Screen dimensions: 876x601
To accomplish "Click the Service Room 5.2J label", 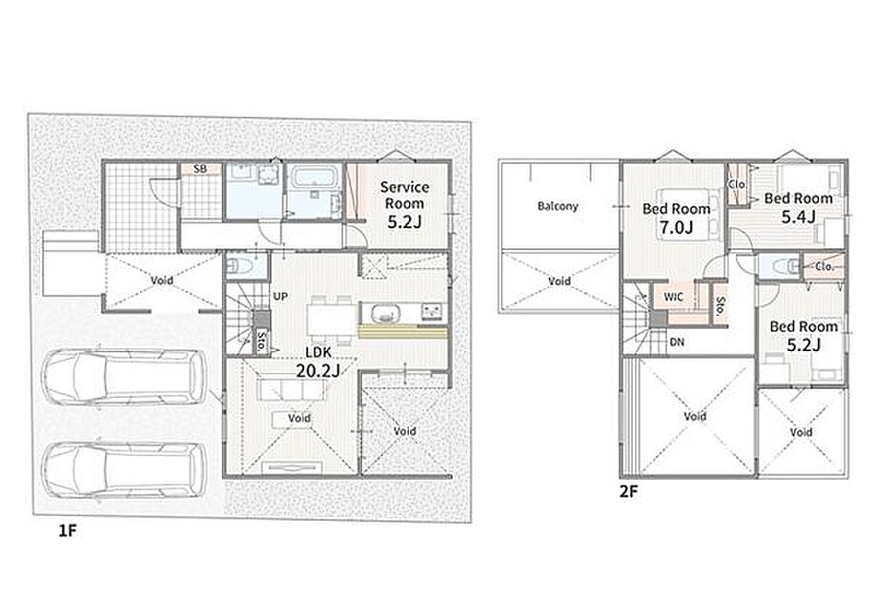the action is click(404, 204).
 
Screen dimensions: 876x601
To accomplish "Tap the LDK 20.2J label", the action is click(317, 362).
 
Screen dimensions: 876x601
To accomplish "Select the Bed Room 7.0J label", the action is click(676, 218).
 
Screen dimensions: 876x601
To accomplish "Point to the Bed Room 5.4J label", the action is click(799, 207).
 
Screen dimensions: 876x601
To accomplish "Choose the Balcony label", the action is click(558, 206).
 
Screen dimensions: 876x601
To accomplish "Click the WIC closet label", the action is click(673, 297).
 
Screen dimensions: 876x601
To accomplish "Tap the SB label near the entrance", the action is click(199, 169).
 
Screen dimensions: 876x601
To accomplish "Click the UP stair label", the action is click(280, 297).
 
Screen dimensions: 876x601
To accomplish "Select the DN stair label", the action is click(677, 342).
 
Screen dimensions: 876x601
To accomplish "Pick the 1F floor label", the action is click(67, 530).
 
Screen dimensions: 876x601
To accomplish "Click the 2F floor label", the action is click(628, 492).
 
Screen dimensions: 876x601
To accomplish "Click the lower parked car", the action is click(124, 469).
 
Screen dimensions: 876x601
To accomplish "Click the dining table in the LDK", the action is click(332, 319).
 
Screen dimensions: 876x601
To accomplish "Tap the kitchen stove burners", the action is click(433, 311).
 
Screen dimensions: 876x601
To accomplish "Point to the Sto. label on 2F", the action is click(721, 304).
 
